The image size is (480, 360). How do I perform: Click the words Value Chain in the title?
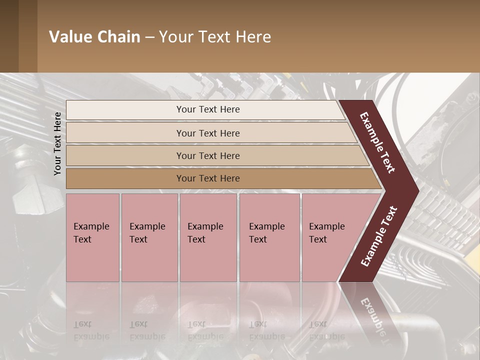pos(94,37)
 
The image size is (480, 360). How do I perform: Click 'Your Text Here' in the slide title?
pos(215,37)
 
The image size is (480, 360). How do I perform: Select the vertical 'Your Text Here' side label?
pos(57,143)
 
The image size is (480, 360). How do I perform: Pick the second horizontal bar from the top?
pos(208,133)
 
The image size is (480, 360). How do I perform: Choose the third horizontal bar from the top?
pos(208,155)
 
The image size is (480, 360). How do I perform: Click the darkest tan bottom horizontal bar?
pos(208,178)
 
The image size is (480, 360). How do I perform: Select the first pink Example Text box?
pos(92,237)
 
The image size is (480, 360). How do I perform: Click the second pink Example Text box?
pos(149,237)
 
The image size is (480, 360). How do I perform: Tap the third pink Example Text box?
pos(208,237)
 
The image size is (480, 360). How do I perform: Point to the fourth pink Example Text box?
pos(269,237)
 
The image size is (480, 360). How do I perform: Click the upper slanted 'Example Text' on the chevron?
pos(377,142)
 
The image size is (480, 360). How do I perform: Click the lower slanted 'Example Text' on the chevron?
pos(379,236)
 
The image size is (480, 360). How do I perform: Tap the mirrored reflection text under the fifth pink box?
pos(327,330)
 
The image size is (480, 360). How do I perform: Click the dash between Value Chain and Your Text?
pos(149,37)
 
